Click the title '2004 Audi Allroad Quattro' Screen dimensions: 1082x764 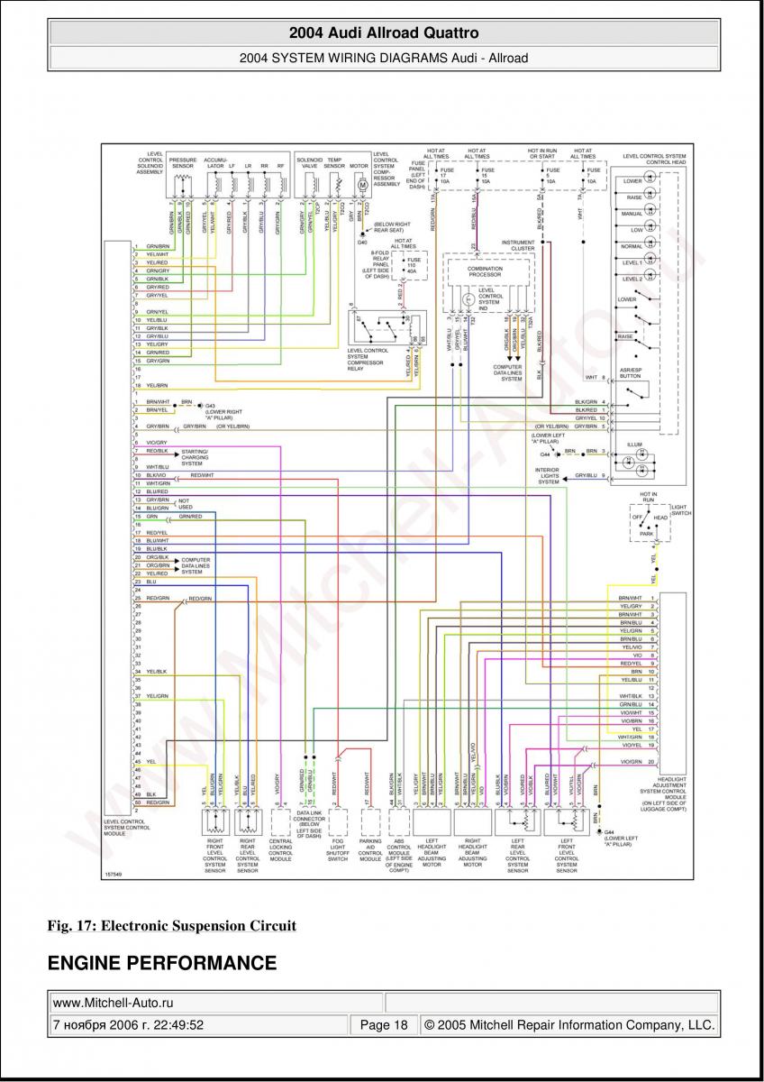(383, 32)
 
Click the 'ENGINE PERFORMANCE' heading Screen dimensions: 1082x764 (162, 964)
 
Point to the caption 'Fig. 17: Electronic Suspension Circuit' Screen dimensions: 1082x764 (171, 925)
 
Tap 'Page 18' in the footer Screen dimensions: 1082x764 (384, 1025)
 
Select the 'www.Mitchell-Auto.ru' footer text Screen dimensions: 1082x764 (113, 1002)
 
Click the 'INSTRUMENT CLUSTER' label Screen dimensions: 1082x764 (518, 245)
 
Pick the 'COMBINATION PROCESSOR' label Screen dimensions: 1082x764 (485, 271)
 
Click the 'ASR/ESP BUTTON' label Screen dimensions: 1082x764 (630, 372)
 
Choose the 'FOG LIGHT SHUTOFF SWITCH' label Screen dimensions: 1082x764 (339, 853)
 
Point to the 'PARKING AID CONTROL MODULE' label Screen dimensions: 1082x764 (370, 853)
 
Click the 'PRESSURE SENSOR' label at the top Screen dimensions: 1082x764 (183, 163)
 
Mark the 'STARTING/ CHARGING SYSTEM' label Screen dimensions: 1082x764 (195, 456)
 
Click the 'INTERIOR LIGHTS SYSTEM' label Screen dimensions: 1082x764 (548, 476)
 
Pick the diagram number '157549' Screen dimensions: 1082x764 (114, 875)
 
